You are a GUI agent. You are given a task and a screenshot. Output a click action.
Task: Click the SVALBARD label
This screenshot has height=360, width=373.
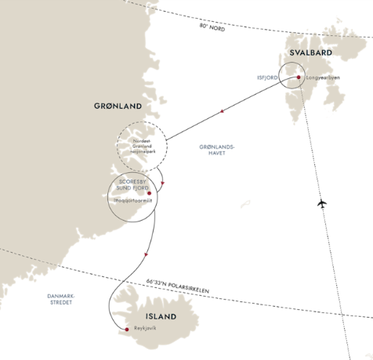(311, 52)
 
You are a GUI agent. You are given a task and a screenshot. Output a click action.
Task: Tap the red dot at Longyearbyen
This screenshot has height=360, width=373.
(299, 77)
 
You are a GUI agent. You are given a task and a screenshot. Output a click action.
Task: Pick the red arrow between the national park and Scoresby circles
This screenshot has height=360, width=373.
(162, 183)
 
